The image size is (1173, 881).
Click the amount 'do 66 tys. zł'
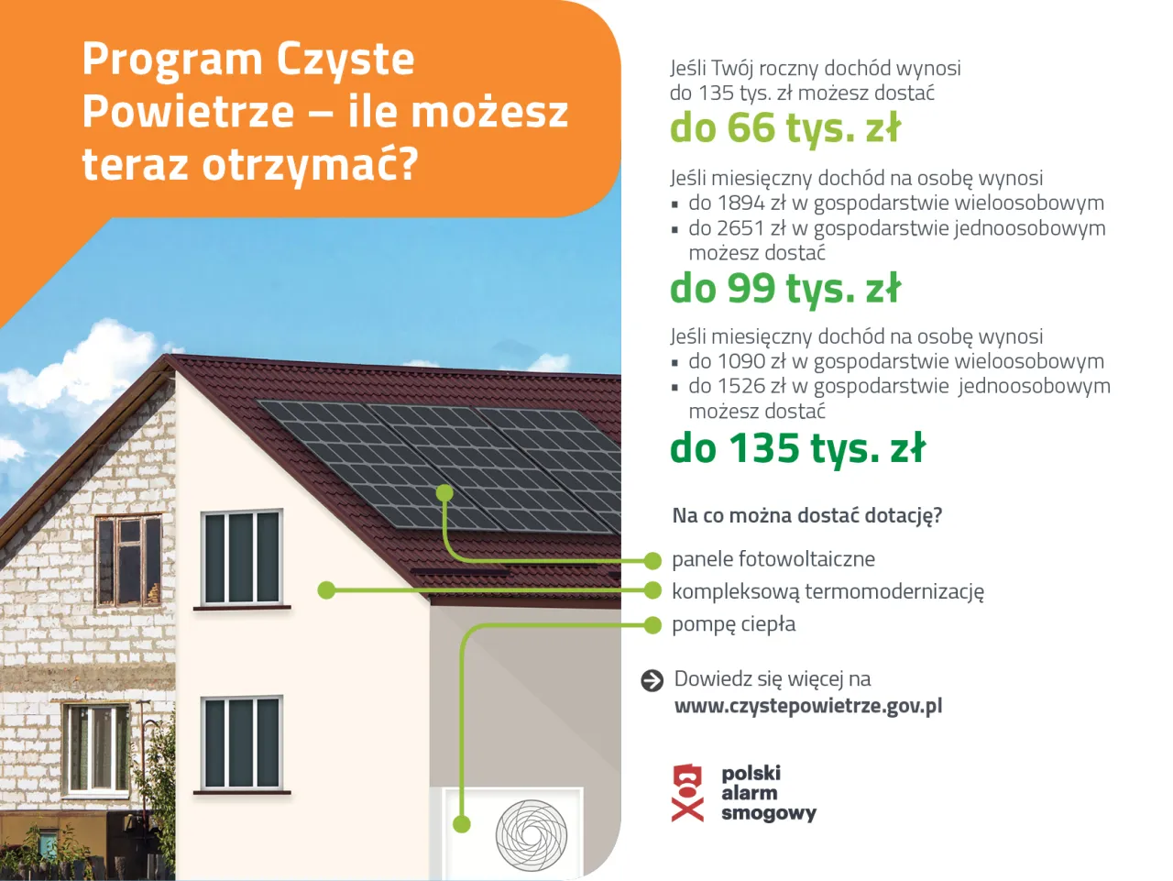click(785, 128)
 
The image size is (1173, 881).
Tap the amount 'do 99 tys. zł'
click(785, 289)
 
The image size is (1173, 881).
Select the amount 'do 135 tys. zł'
click(797, 448)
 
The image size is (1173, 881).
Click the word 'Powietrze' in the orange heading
click(188, 112)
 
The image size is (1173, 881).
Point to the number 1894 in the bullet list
click(740, 203)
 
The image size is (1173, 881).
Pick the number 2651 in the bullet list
click(740, 227)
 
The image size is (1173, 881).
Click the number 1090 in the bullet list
click(740, 361)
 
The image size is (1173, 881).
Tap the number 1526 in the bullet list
click(740, 386)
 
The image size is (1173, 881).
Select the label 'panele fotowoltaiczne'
click(773, 559)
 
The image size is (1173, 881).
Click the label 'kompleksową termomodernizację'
click(828, 591)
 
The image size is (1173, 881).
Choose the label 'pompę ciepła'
click(733, 624)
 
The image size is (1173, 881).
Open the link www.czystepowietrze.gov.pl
click(808, 706)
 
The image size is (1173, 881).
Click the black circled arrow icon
click(652, 680)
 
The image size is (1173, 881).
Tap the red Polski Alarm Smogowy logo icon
click(688, 793)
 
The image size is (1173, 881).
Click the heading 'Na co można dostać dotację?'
click(806, 515)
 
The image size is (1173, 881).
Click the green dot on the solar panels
click(444, 493)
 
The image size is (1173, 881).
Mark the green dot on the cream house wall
click(326, 590)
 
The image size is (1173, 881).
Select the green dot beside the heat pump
click(462, 824)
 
